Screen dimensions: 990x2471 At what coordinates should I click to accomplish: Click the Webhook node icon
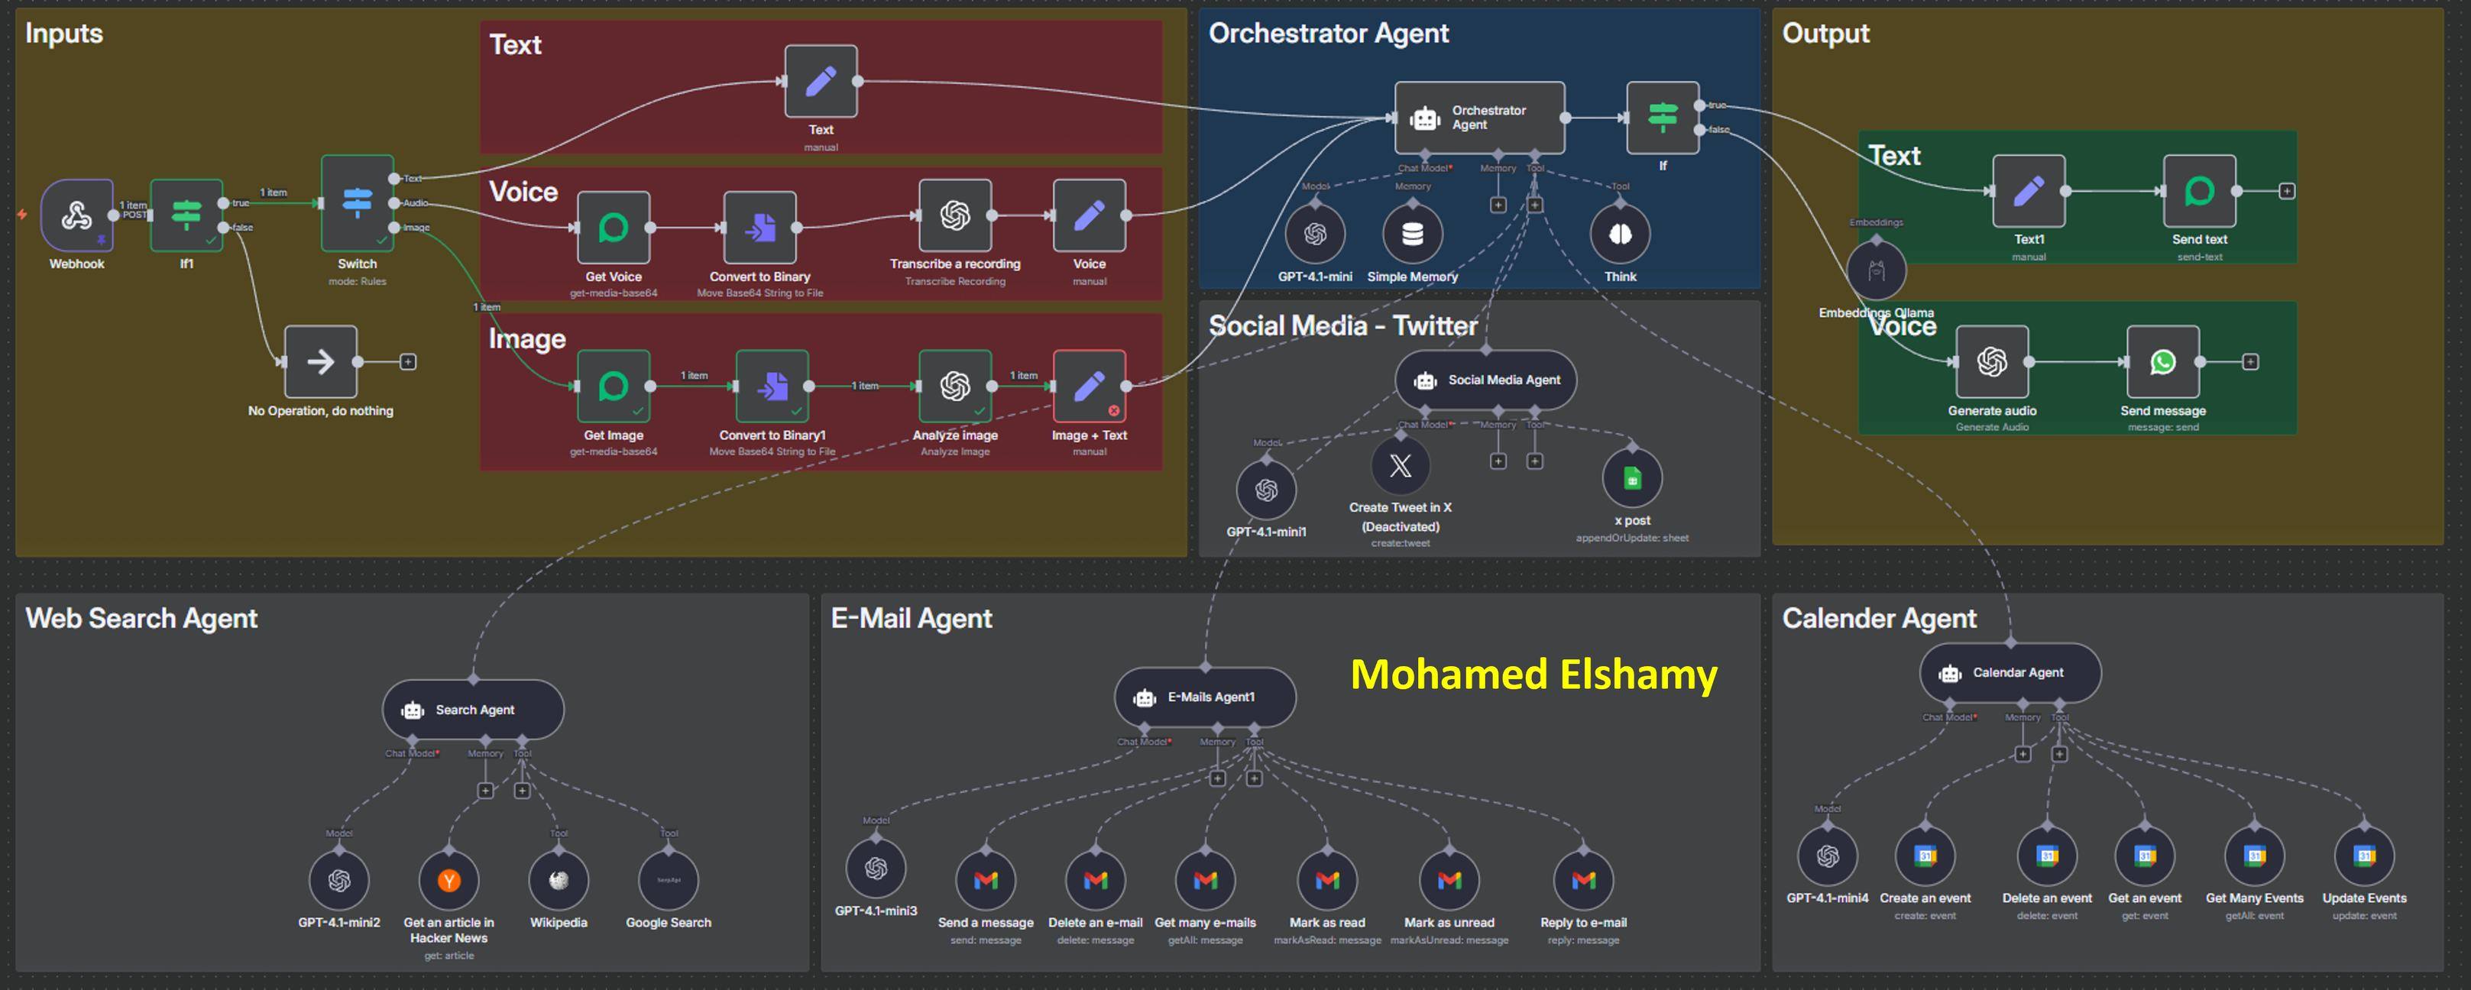tap(76, 215)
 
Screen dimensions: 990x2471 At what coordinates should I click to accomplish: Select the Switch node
tap(357, 203)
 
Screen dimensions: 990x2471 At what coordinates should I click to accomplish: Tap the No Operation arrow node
tap(320, 361)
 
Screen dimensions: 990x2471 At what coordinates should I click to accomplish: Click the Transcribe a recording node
tap(954, 216)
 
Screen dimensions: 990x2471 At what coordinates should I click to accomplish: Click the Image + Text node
tap(1089, 387)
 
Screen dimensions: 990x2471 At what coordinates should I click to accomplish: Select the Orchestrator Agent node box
tap(1479, 118)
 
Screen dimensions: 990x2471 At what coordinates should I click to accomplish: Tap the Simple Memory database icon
tap(1412, 234)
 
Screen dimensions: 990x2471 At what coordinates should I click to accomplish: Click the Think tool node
tap(1620, 234)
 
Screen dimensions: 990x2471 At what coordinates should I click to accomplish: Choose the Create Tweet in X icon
tap(1401, 466)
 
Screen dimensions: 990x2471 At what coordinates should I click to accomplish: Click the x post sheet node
tap(1631, 477)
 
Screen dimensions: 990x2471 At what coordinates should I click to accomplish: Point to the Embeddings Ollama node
tap(1877, 270)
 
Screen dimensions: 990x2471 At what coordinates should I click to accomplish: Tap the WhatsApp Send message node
tap(2163, 361)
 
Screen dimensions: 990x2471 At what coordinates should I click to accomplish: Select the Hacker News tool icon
tap(449, 881)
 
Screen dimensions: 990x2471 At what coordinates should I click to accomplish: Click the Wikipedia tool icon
tap(559, 881)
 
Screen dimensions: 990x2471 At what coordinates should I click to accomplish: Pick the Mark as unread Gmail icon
tap(1449, 881)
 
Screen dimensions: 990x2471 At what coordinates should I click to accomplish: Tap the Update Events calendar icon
tap(2365, 856)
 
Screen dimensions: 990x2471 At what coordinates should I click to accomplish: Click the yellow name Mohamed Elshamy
tap(1533, 675)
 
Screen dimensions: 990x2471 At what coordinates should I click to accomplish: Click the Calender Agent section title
tap(1878, 619)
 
